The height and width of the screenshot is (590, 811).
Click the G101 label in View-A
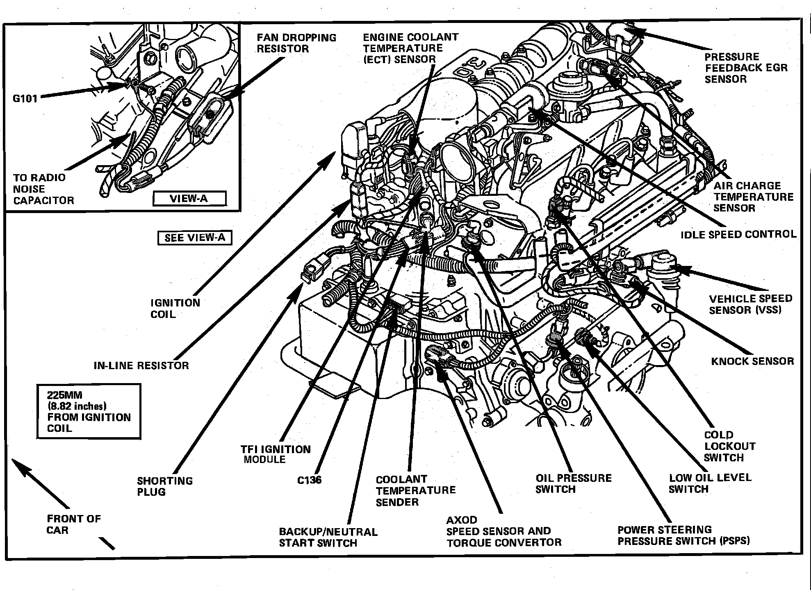(25, 98)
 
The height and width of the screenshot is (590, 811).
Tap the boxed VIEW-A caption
(189, 199)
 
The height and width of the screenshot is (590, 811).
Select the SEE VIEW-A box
(195, 238)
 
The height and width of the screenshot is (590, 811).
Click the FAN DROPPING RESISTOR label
(296, 43)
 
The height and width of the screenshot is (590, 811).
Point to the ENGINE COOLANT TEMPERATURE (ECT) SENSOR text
(410, 48)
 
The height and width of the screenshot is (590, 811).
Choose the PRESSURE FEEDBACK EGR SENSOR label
(746, 68)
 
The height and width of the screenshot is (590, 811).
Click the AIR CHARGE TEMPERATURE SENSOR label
(753, 197)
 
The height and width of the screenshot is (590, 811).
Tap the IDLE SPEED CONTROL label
(738, 234)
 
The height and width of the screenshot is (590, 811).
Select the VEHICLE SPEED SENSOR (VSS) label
(750, 304)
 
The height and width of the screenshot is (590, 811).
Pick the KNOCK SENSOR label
(752, 361)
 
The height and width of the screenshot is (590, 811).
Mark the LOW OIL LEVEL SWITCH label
(710, 483)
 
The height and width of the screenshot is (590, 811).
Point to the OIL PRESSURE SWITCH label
(573, 484)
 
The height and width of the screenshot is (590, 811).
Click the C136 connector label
(309, 480)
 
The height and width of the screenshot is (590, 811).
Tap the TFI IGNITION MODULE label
(276, 454)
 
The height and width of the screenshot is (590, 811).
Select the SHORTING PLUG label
(164, 486)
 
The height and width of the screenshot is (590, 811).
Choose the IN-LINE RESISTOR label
(141, 365)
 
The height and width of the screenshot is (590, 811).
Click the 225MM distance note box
(89, 411)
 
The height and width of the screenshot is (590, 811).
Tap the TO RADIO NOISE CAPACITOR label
(43, 189)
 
